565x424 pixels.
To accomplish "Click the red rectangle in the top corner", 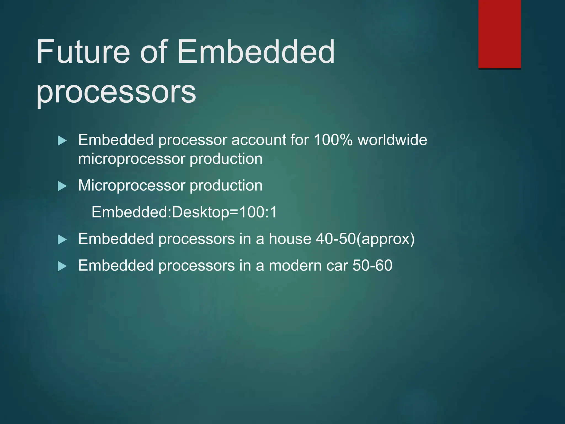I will point(499,34).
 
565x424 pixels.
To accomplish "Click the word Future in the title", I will point(83,52).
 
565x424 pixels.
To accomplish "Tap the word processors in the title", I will point(116,92).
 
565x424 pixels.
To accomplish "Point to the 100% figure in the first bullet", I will point(333,140).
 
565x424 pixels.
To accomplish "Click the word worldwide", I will point(392,140).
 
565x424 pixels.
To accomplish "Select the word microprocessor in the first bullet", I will point(132,159).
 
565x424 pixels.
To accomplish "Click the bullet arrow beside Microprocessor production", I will point(62,186).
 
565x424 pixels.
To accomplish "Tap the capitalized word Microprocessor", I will point(132,185).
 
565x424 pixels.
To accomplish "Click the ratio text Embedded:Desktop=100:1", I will point(184,212).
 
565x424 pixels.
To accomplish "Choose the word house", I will point(290,239).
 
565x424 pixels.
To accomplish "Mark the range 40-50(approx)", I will point(365,239).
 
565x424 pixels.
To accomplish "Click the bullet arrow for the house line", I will point(62,239).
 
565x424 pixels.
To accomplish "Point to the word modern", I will point(295,266).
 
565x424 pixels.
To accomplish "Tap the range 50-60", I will point(372,266).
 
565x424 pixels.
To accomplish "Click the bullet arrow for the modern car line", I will point(62,266).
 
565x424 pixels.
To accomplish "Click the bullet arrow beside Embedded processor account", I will point(62,141).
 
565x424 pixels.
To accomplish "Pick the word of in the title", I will point(154,52).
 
